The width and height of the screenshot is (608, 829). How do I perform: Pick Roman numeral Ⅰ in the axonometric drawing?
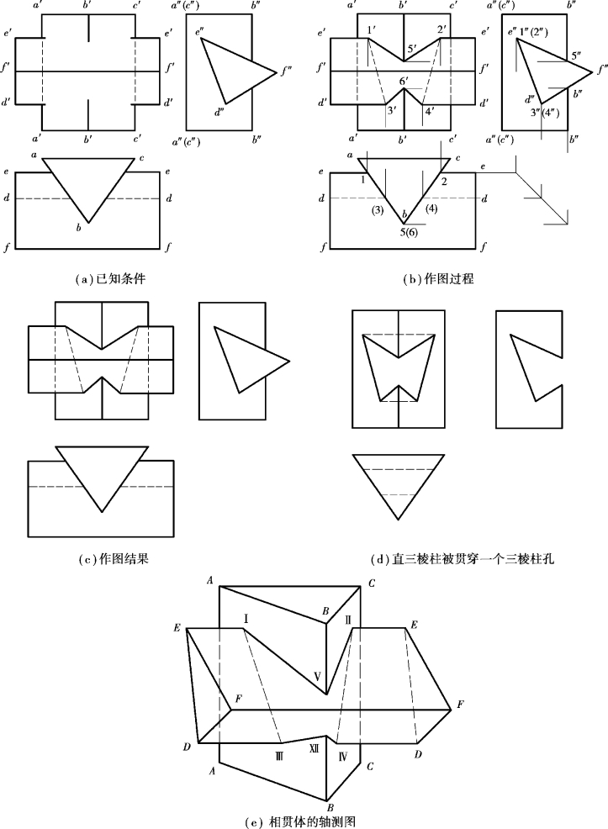[245, 619]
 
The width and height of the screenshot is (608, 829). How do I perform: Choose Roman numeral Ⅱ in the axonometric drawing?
[348, 620]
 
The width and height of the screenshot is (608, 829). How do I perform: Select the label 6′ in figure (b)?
[404, 81]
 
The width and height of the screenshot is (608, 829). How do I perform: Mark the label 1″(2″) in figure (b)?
[535, 34]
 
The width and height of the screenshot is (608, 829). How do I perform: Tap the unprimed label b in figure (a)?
[78, 228]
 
